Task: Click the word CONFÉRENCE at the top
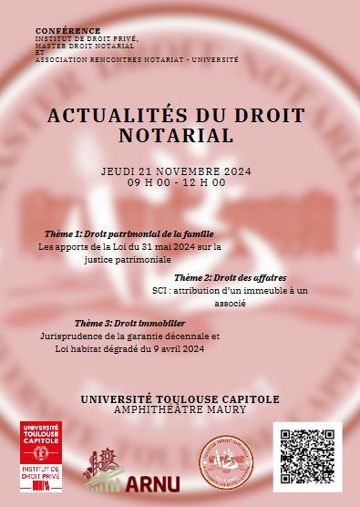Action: coord(67,30)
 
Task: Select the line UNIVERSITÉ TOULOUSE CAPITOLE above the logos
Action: coord(180,398)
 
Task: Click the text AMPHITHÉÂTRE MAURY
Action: coord(180,410)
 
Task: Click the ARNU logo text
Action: coord(156,482)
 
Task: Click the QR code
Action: coord(307,456)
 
